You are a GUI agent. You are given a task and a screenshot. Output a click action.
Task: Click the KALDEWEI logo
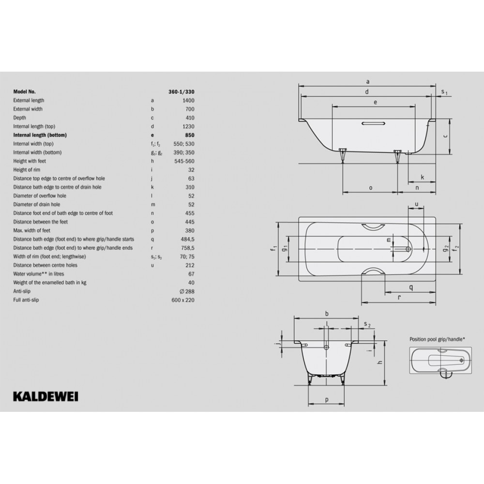(45, 397)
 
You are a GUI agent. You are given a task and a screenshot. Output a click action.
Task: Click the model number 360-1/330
(181, 91)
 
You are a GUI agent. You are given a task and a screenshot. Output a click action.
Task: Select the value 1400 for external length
(188, 100)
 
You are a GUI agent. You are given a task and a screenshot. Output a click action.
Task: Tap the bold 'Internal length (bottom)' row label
(40, 135)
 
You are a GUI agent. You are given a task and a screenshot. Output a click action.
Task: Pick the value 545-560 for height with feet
(184, 161)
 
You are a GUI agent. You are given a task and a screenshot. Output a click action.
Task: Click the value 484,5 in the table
(187, 239)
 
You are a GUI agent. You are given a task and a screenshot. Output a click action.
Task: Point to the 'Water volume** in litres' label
(39, 274)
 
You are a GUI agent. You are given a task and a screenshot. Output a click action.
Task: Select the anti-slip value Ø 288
(187, 291)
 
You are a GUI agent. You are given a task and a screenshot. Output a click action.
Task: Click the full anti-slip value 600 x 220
(183, 300)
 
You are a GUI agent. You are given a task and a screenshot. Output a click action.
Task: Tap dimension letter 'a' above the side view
(368, 82)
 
